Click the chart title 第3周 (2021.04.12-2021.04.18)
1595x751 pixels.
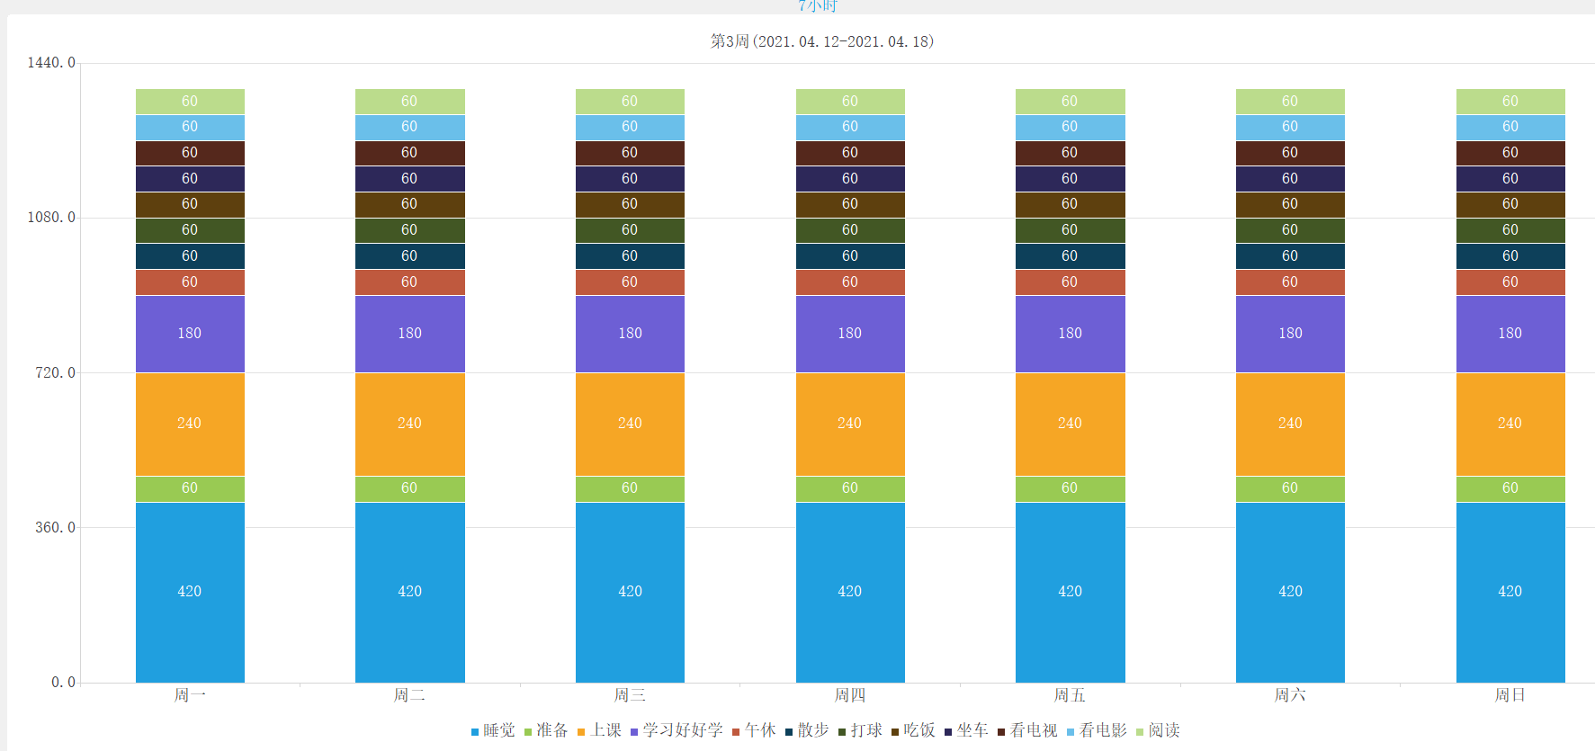click(821, 41)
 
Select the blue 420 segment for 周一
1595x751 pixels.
click(190, 591)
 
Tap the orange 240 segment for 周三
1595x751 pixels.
click(630, 423)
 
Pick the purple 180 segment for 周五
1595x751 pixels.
click(1070, 333)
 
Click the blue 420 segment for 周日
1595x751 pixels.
click(1510, 591)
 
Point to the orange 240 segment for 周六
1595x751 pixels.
click(1290, 423)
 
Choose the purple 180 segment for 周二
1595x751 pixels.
click(409, 333)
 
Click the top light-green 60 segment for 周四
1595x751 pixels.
click(850, 101)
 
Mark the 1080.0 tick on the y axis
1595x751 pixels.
click(51, 218)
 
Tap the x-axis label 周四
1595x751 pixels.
click(850, 695)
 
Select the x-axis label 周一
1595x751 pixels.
click(190, 695)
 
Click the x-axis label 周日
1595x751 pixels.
click(1510, 695)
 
